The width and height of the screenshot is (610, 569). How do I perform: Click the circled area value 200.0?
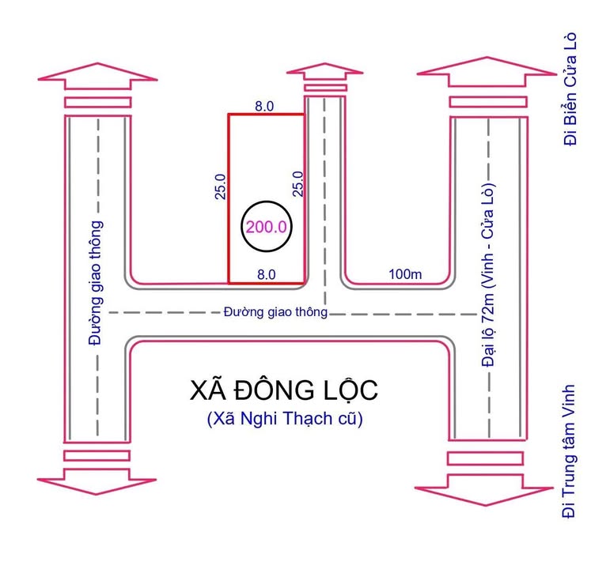tap(267, 226)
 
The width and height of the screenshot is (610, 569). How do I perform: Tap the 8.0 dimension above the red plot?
tap(264, 104)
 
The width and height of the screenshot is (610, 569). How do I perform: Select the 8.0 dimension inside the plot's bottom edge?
tap(266, 274)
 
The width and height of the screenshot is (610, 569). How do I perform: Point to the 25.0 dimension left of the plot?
tap(221, 186)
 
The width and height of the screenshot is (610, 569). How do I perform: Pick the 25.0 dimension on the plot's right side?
tap(297, 184)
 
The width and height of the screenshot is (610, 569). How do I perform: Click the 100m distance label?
tap(406, 274)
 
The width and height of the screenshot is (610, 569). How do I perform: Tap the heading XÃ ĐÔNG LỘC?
tap(284, 390)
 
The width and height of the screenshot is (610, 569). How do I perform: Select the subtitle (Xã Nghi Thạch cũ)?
tap(284, 419)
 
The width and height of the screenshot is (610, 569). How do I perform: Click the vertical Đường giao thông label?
tap(96, 284)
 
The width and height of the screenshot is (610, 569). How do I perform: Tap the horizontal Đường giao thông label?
tap(275, 312)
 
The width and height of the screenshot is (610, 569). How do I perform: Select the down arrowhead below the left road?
tap(97, 480)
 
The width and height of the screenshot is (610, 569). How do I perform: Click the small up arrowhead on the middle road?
tap(324, 71)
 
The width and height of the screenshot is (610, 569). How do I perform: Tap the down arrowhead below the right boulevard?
tap(487, 480)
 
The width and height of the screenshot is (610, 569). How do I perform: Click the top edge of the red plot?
tap(266, 115)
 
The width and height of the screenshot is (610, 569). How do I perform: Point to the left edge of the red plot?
tap(229, 198)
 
